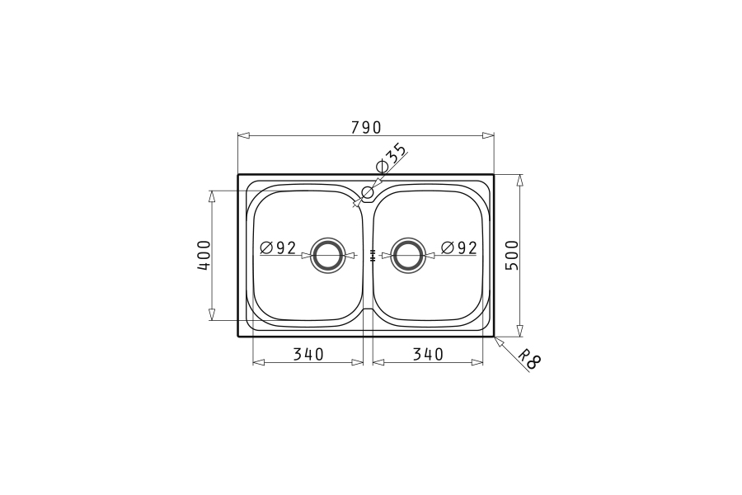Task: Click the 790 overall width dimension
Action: pos(366,127)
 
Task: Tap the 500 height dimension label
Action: pos(512,255)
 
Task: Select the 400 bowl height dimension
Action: pos(204,255)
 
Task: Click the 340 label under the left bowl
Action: pos(308,354)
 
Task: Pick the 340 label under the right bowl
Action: pos(428,354)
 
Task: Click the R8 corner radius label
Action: pos(529,360)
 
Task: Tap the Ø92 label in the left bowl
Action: pos(279,247)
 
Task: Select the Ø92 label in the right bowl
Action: pos(458,247)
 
